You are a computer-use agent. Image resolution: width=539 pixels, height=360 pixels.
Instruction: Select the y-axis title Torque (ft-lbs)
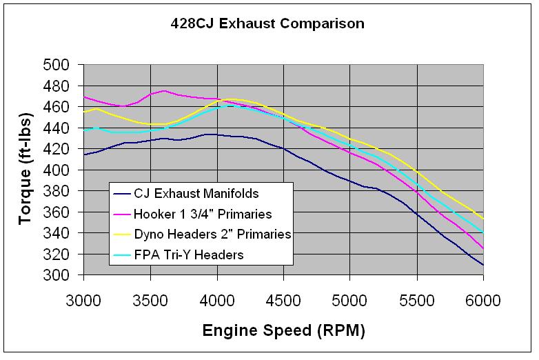tap(26, 170)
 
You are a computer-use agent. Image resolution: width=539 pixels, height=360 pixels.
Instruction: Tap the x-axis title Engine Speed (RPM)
tap(283, 330)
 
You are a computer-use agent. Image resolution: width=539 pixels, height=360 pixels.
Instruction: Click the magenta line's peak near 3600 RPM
tap(163, 90)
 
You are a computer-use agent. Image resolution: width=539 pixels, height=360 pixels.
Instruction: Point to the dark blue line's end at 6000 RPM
tap(483, 265)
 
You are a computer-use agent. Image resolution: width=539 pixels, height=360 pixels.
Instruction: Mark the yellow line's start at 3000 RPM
tap(83, 112)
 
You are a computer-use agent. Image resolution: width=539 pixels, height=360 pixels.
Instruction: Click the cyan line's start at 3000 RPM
tap(83, 129)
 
